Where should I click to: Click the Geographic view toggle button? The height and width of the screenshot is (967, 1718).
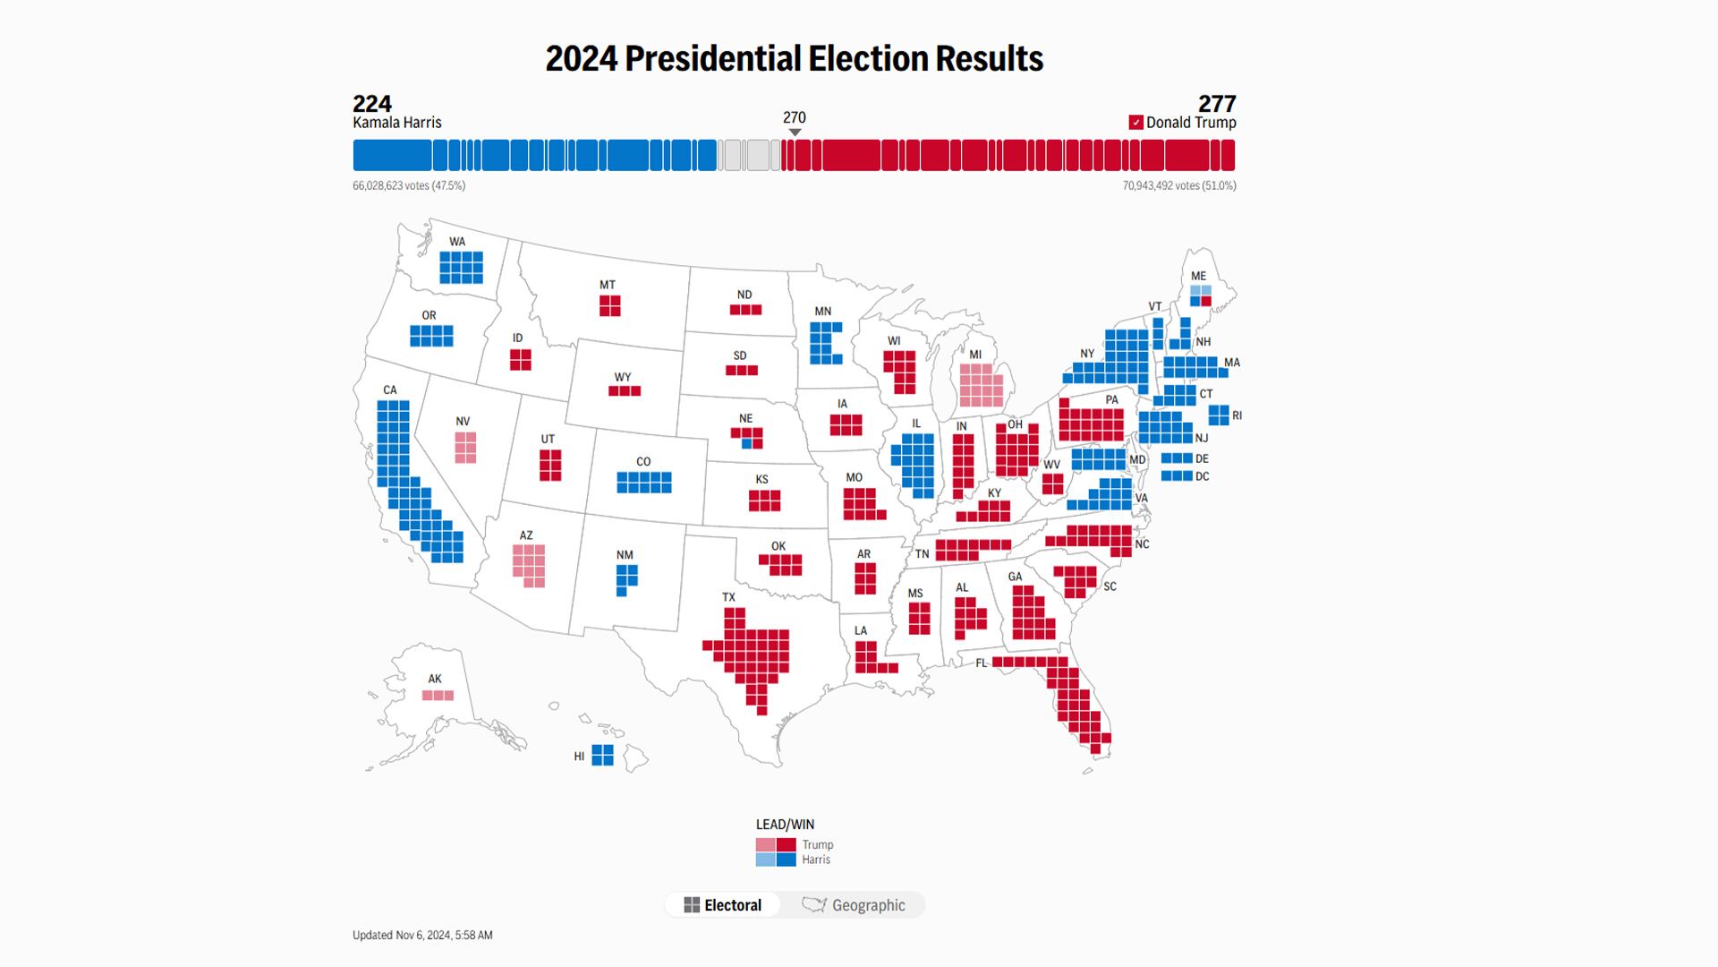pyautogui.click(x=854, y=905)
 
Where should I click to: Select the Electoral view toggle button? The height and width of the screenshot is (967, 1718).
pyautogui.click(x=723, y=905)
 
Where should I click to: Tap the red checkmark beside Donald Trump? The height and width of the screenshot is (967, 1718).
pyautogui.click(x=1135, y=123)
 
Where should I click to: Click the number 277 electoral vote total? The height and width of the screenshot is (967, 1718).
pyautogui.click(x=1217, y=104)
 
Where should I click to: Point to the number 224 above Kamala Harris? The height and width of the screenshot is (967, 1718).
pyautogui.click(x=372, y=104)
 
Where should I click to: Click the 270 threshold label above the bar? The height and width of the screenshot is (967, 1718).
pyautogui.click(x=794, y=117)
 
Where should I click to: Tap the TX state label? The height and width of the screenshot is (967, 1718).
pyautogui.click(x=728, y=597)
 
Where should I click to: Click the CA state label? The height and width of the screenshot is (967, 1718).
pyautogui.click(x=390, y=390)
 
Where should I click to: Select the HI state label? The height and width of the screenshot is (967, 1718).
pyautogui.click(x=579, y=757)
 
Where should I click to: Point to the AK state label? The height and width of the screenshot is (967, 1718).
pyautogui.click(x=435, y=679)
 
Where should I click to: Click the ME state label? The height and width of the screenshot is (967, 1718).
pyautogui.click(x=1198, y=276)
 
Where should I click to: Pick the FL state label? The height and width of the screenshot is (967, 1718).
pyautogui.click(x=982, y=663)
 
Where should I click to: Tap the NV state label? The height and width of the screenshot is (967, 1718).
pyautogui.click(x=463, y=422)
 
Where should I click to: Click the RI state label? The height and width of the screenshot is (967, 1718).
pyautogui.click(x=1237, y=415)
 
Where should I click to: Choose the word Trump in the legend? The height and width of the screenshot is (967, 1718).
pyautogui.click(x=817, y=844)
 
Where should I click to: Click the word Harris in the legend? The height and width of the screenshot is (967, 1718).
pyautogui.click(x=816, y=860)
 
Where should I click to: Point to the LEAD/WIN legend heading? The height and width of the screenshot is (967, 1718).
pyautogui.click(x=785, y=825)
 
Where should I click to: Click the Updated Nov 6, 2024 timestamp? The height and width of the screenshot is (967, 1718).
pyautogui.click(x=422, y=935)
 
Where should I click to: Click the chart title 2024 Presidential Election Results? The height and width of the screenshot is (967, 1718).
pyautogui.click(x=794, y=59)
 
